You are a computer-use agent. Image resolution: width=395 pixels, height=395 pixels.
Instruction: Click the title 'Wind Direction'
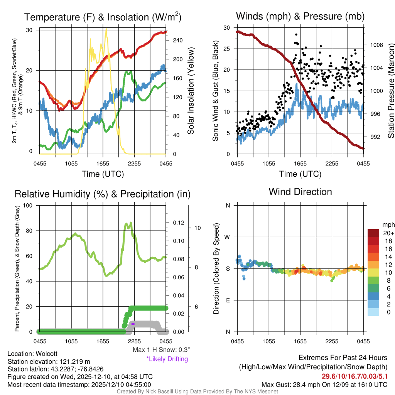point(300,192)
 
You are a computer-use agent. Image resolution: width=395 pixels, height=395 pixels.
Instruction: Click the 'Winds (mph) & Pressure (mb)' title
point(300,16)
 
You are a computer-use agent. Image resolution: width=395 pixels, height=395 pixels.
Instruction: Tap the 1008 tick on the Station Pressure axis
point(376,45)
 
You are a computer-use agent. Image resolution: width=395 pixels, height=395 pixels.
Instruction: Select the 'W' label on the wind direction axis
point(228,237)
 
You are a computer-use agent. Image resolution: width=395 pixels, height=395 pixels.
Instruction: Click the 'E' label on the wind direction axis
point(228,300)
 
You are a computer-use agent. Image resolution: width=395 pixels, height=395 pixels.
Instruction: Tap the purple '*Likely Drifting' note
point(167,359)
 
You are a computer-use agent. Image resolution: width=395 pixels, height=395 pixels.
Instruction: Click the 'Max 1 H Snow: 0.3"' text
point(161,350)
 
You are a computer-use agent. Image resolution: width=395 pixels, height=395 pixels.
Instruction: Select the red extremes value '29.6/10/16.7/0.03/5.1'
point(354,376)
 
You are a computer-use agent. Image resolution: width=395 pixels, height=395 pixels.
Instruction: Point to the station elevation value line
point(49,361)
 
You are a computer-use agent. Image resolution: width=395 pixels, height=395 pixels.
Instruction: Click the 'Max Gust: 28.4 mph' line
point(324,385)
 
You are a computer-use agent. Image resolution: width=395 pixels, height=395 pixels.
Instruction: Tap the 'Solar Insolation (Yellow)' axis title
point(191,91)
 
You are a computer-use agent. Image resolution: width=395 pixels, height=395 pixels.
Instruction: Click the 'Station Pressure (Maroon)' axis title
point(390,91)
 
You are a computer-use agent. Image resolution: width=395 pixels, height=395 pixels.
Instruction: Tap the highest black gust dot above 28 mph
point(296,34)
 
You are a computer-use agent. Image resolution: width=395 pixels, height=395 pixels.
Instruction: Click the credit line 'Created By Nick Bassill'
point(197,392)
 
